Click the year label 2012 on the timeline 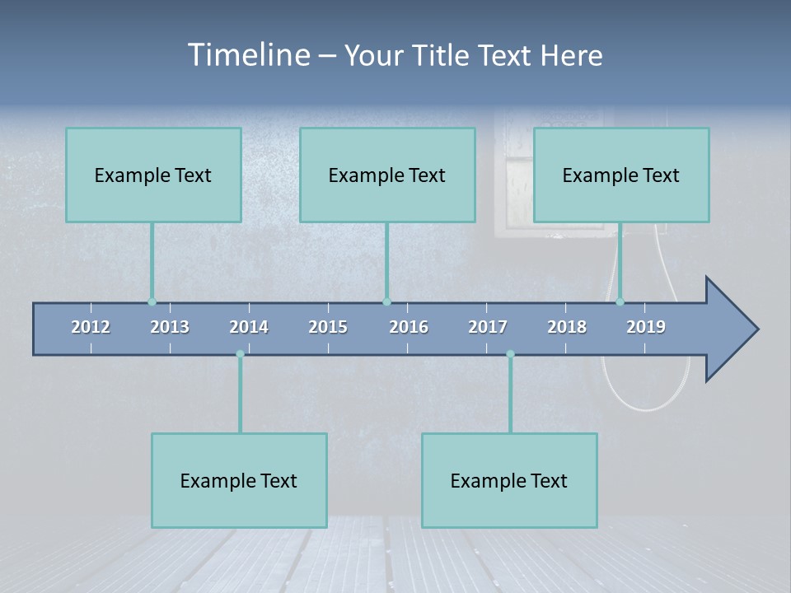pyautogui.click(x=91, y=327)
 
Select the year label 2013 pyautogui.click(x=170, y=327)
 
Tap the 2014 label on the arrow pyautogui.click(x=249, y=327)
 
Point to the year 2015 pyautogui.click(x=328, y=327)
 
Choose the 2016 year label pyautogui.click(x=409, y=327)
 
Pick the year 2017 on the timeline pyautogui.click(x=488, y=327)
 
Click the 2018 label pyautogui.click(x=567, y=327)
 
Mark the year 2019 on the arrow pyautogui.click(x=646, y=327)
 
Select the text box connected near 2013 pyautogui.click(x=153, y=175)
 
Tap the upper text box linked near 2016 pyautogui.click(x=387, y=175)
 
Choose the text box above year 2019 pyautogui.click(x=621, y=175)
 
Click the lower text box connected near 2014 pyautogui.click(x=239, y=480)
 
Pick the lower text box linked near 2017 pyautogui.click(x=509, y=480)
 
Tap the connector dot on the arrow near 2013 pyautogui.click(x=152, y=301)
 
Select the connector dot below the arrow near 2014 pyautogui.click(x=240, y=354)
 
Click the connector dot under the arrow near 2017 pyautogui.click(x=510, y=354)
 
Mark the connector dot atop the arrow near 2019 pyautogui.click(x=620, y=301)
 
